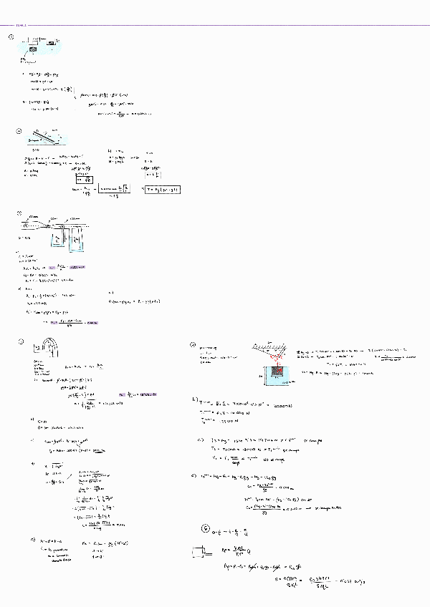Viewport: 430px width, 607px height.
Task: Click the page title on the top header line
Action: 11,24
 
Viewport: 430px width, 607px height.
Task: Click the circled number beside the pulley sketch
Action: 11,38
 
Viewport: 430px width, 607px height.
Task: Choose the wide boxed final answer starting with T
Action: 161,189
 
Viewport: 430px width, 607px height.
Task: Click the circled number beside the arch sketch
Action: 22,341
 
